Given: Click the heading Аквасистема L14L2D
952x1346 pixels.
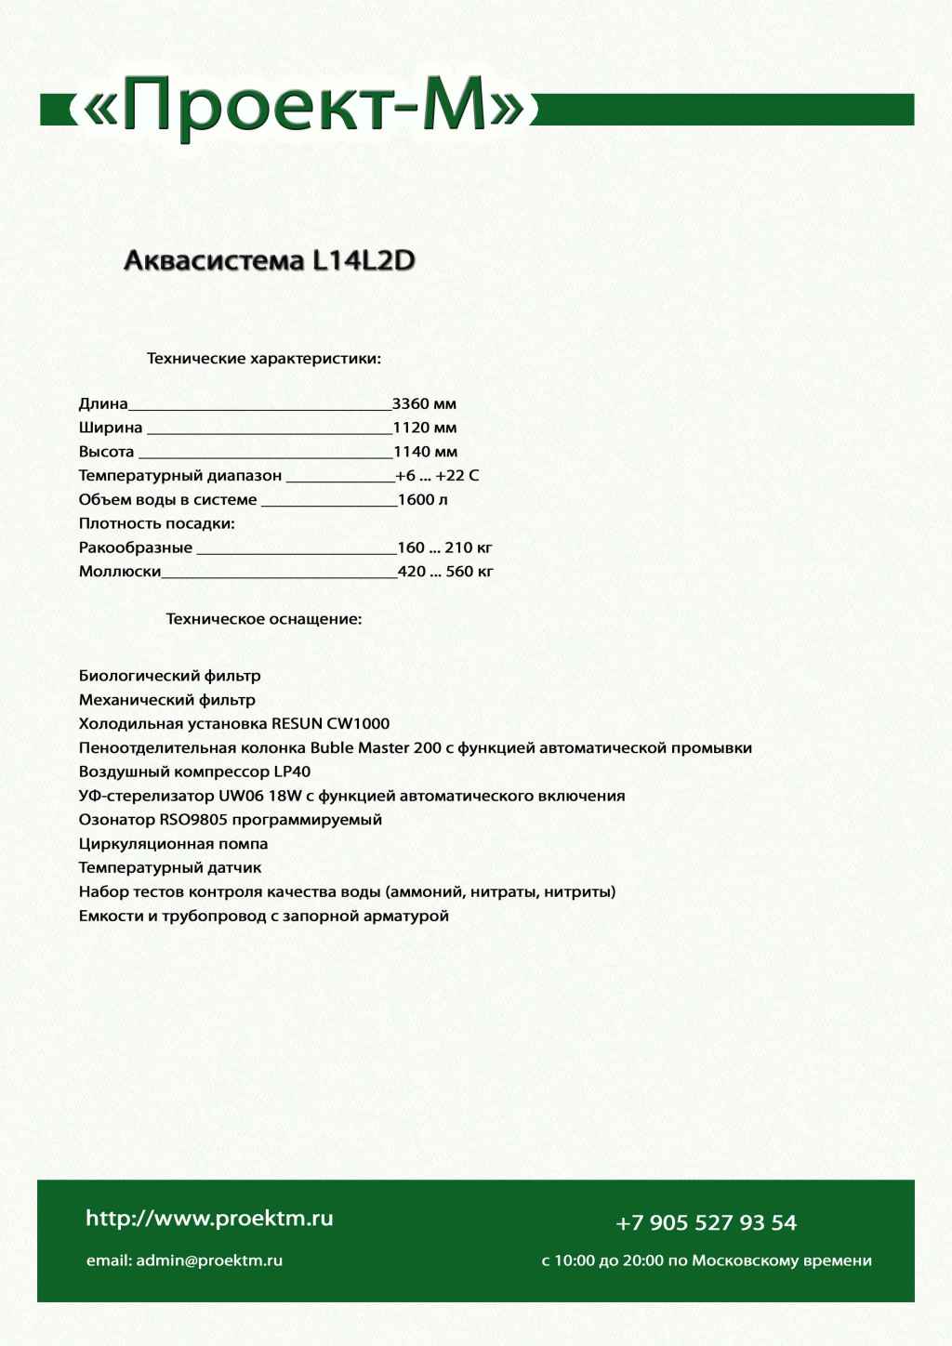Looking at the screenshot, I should (270, 260).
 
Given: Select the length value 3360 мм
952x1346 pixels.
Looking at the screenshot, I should (424, 404).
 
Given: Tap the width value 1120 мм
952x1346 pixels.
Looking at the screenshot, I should (425, 429).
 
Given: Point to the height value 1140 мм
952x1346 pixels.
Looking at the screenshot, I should (425, 453).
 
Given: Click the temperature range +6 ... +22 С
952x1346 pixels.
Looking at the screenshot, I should (437, 476).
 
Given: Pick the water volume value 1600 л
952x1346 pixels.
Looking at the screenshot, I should (423, 500).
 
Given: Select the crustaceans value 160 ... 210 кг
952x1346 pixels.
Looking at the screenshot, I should (444, 548).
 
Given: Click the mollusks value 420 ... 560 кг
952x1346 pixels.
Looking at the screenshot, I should (445, 572).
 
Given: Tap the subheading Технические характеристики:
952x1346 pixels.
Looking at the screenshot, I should (264, 359).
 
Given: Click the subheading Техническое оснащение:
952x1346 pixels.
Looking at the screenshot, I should (264, 619).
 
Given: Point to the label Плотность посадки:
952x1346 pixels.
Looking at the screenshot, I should (156, 524).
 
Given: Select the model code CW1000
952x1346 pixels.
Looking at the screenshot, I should (358, 724).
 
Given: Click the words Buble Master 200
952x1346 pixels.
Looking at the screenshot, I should (376, 748).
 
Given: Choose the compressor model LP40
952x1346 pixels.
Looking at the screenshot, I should (292, 772).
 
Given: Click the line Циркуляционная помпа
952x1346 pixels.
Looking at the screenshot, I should (173, 844).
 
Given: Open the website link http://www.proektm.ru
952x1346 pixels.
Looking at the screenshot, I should (209, 1219).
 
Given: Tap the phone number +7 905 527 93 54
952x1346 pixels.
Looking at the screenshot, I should (706, 1223).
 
